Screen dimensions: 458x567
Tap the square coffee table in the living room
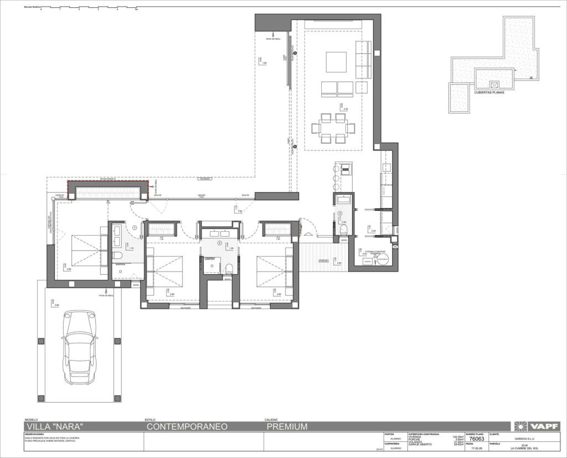[336, 62]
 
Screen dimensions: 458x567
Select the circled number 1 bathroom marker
[135, 227]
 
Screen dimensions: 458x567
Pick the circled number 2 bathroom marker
[219, 243]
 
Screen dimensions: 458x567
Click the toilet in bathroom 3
[344, 228]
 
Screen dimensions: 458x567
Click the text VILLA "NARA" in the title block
[54, 426]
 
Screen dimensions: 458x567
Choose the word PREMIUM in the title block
[286, 426]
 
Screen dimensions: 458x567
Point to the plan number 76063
[476, 439]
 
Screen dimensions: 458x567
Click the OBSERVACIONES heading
[34, 435]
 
